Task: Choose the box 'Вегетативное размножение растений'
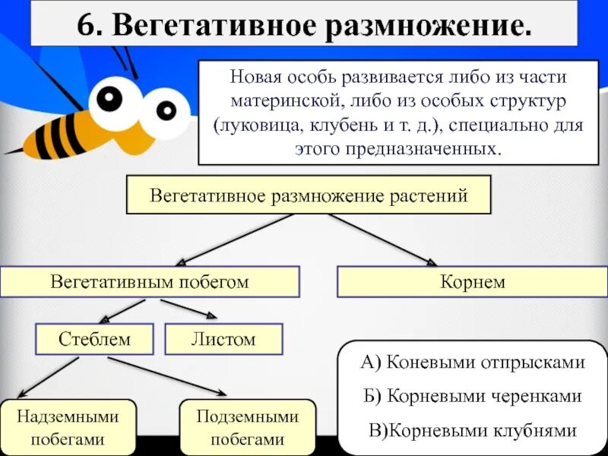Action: point(309,195)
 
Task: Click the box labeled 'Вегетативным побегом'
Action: point(150,282)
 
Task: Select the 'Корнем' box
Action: point(472,282)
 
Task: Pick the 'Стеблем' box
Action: point(94,339)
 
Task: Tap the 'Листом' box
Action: point(223,339)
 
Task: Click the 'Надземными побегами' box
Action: point(68,427)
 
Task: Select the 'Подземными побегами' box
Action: point(247,427)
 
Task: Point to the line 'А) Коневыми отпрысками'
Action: point(473,362)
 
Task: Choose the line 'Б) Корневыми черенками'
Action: point(473,396)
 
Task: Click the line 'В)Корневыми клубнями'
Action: point(473,430)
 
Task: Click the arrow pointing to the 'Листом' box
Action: point(189,308)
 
